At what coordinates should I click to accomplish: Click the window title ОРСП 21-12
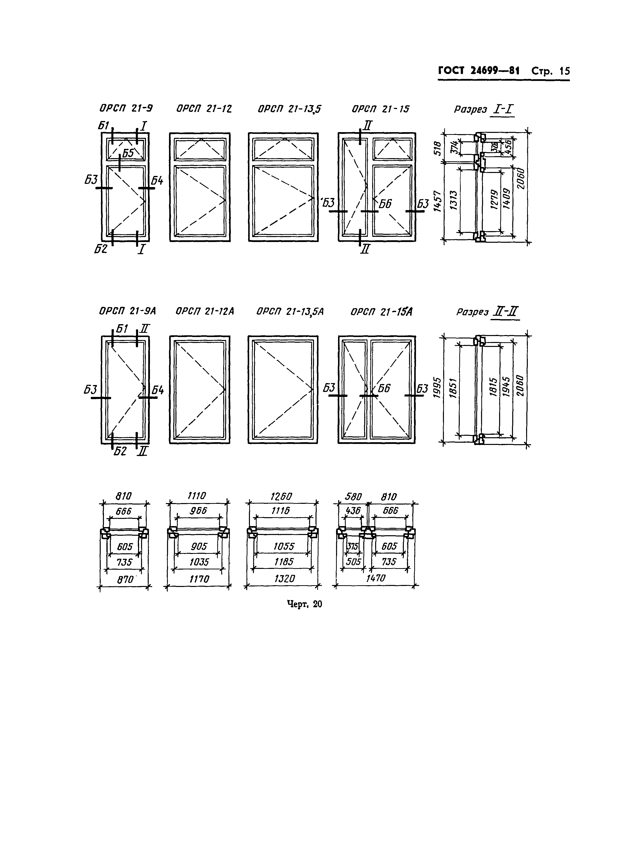pyautogui.click(x=204, y=109)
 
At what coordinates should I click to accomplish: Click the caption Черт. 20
pyautogui.click(x=305, y=604)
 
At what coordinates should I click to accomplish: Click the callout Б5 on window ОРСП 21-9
pyautogui.click(x=128, y=153)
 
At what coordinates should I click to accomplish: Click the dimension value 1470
pyautogui.click(x=375, y=578)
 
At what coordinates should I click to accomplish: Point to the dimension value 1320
pyautogui.click(x=284, y=579)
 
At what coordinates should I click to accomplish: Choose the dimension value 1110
pyautogui.click(x=197, y=496)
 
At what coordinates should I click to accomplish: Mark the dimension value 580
pyautogui.click(x=353, y=497)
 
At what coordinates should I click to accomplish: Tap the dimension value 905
pyautogui.click(x=199, y=546)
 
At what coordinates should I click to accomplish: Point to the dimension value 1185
pyautogui.click(x=284, y=562)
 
